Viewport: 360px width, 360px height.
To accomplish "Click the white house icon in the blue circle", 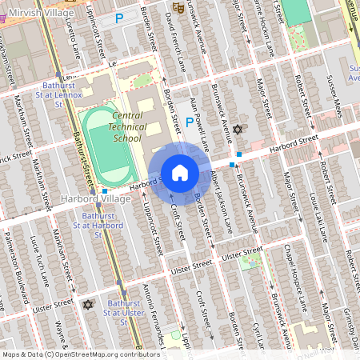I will [x=180, y=173].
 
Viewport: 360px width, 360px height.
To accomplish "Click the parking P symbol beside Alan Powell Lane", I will [x=190, y=122].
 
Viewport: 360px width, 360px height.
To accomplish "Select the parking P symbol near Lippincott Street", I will [x=119, y=18].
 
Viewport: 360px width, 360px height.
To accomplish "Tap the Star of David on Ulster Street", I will [x=88, y=305].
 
